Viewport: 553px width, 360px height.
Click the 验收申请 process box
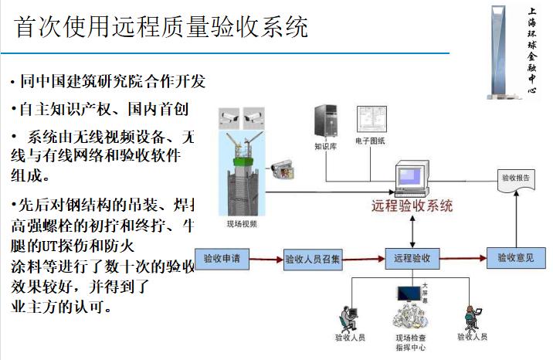point(223,258)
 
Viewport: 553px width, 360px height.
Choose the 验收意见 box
point(515,258)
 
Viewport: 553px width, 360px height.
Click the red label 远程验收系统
point(412,206)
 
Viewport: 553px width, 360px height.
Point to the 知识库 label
point(325,145)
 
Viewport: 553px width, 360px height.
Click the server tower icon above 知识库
point(324,120)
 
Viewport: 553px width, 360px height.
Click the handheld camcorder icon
point(279,170)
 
